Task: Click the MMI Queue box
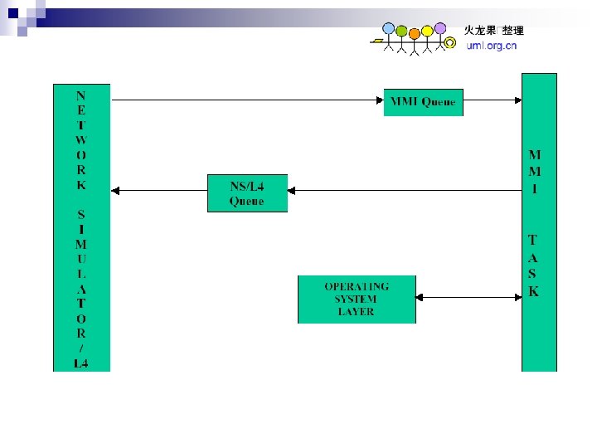(x=423, y=102)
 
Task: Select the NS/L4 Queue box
(x=247, y=193)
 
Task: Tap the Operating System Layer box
(x=357, y=299)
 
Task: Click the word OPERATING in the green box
(x=357, y=285)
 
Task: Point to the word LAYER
(x=357, y=312)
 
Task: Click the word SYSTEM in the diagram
(x=356, y=299)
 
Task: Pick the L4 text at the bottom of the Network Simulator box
(x=80, y=363)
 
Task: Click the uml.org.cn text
(x=491, y=46)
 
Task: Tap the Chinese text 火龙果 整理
(x=493, y=31)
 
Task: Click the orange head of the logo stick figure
(x=414, y=33)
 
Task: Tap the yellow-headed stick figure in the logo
(x=427, y=32)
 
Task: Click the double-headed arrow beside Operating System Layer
(x=468, y=296)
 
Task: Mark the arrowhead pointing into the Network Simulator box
(x=116, y=190)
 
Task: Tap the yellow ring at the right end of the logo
(x=450, y=41)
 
